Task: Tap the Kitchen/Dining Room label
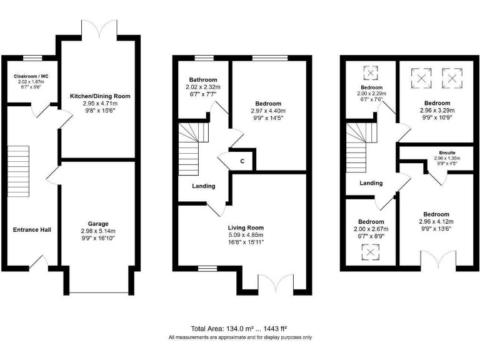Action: click(100, 96)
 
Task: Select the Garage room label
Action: click(98, 223)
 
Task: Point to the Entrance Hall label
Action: click(32, 229)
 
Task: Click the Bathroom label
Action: click(203, 80)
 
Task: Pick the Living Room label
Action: click(246, 227)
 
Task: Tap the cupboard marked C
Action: click(242, 161)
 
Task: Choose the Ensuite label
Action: click(447, 152)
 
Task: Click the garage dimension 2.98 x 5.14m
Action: click(98, 231)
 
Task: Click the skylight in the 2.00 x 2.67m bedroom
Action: click(371, 251)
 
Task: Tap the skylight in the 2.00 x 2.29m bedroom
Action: click(371, 74)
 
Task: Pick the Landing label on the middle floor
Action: click(204, 186)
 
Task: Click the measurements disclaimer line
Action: click(240, 337)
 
